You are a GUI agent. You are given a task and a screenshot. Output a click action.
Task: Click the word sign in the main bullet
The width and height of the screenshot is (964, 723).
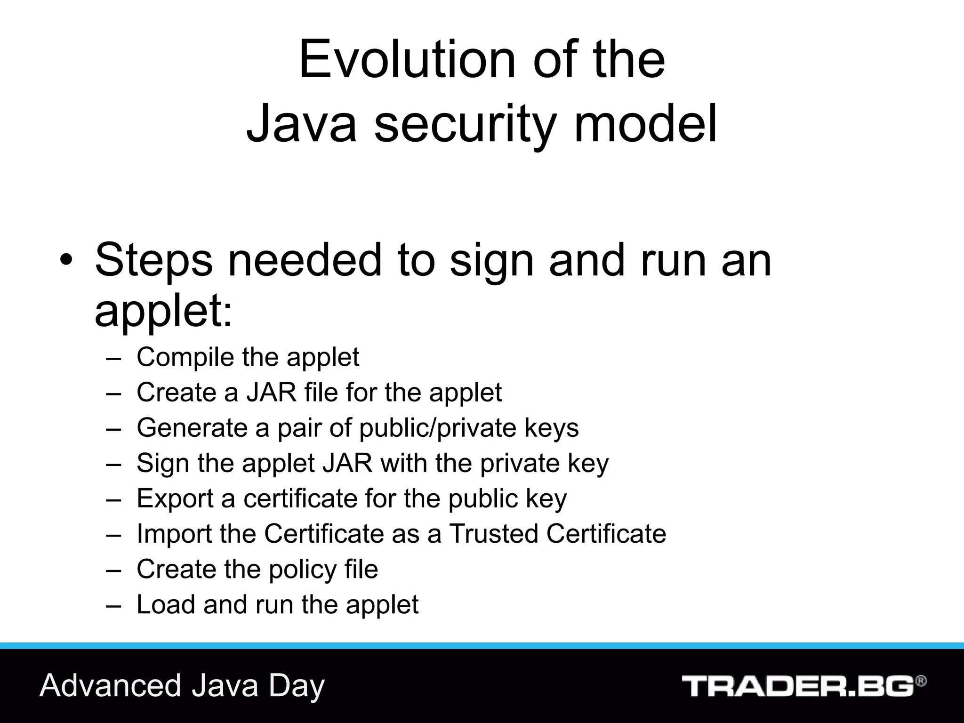coord(492,262)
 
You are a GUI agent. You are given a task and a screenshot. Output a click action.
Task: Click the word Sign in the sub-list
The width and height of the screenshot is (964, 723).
coord(163,463)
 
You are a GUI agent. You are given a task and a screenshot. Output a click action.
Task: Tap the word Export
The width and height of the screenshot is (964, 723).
coord(175,498)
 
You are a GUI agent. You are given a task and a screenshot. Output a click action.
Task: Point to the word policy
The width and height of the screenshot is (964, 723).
coord(303,570)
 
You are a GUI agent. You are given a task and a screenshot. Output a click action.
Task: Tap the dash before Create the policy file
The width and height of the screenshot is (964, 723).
coord(113,570)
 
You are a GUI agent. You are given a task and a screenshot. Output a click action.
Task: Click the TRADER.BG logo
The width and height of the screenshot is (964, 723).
coord(797,686)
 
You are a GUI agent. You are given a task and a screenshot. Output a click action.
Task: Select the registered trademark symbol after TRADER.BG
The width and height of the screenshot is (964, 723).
coord(921,682)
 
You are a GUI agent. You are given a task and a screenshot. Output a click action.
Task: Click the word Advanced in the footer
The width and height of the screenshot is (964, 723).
coord(110,685)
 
